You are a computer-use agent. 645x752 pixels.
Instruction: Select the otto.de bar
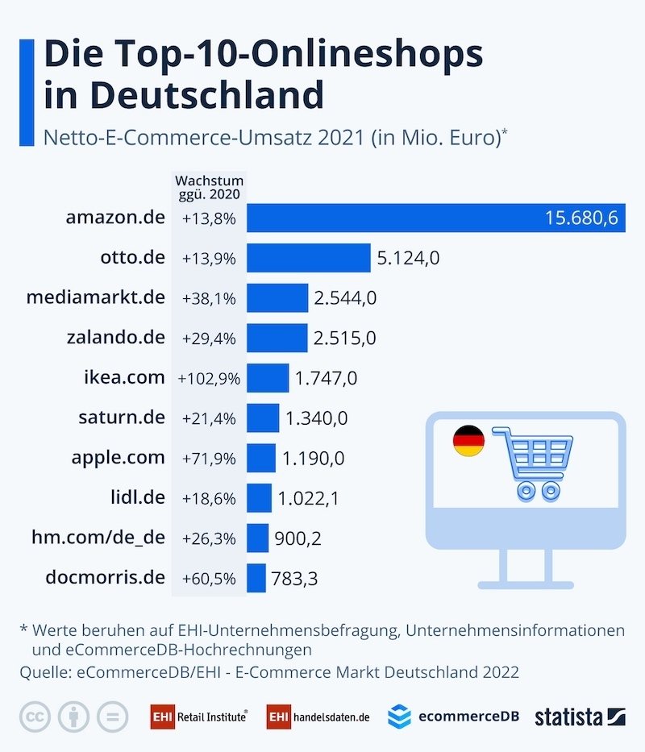308,258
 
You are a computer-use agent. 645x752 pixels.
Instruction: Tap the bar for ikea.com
268,378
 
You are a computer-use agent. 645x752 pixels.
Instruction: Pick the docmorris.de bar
256,578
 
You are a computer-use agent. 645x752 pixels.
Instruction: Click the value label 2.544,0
346,298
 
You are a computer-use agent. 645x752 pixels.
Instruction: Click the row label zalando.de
116,338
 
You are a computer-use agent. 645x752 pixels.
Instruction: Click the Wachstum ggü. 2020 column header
209,188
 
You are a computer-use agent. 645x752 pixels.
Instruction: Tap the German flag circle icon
468,441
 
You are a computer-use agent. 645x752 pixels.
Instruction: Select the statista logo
580,716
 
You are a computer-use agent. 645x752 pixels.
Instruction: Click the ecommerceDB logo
453,716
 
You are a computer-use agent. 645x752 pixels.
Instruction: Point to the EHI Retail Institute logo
199,716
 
